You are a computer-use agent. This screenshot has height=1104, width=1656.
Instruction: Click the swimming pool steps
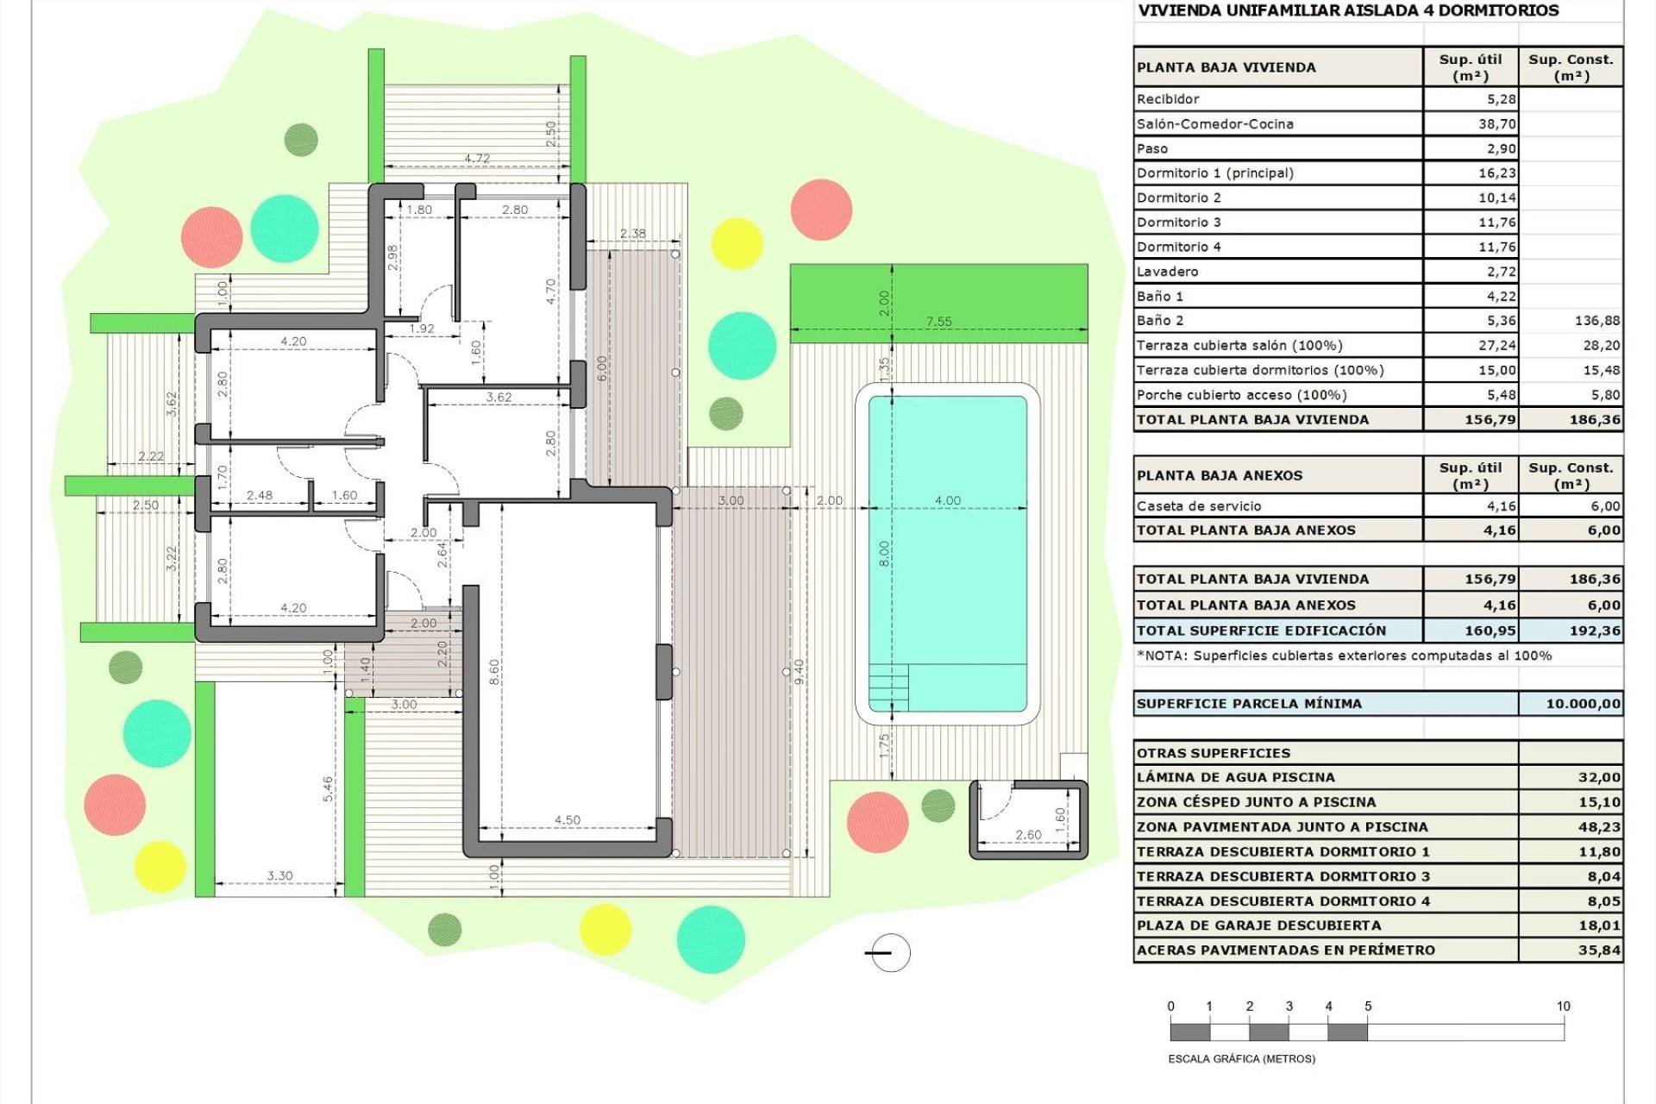coord(888,687)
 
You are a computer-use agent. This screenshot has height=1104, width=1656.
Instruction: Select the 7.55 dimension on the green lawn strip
coord(938,322)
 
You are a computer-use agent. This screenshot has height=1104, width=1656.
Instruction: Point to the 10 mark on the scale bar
coord(1563,1007)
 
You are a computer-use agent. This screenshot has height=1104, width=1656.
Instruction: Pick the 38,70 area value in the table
coord(1496,123)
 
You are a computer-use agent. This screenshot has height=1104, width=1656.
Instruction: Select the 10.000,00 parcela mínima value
coord(1583,703)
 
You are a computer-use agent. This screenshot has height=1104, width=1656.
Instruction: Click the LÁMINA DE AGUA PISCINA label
coord(1235,777)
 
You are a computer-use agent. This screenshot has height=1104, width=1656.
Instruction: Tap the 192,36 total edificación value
coord(1595,630)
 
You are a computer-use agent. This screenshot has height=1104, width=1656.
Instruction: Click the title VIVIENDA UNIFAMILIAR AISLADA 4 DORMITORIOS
coord(1348,11)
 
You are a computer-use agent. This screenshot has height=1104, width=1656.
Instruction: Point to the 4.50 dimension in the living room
coord(567,819)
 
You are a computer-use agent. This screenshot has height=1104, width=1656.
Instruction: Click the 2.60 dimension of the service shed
coord(1027,834)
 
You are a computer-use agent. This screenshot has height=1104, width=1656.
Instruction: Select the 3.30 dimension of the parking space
coord(279,875)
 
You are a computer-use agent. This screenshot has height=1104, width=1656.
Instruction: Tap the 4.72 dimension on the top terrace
coord(477,159)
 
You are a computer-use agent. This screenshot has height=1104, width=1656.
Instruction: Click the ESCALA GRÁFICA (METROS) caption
coord(1241,1058)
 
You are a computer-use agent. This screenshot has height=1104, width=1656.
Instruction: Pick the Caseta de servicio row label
coord(1199,506)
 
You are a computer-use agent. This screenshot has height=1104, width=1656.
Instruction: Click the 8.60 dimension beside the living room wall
coord(493,671)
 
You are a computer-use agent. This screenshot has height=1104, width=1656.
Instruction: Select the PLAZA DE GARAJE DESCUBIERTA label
coord(1258,925)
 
